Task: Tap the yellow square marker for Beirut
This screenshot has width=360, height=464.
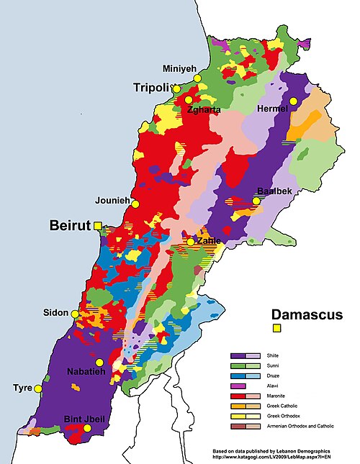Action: tap(98, 226)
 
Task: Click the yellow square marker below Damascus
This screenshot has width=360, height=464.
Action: tap(276, 329)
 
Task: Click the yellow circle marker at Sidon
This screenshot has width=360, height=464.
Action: tap(75, 314)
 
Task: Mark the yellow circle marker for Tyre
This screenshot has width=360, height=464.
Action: tap(38, 388)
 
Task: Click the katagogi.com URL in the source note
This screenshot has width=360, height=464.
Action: tap(269, 457)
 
